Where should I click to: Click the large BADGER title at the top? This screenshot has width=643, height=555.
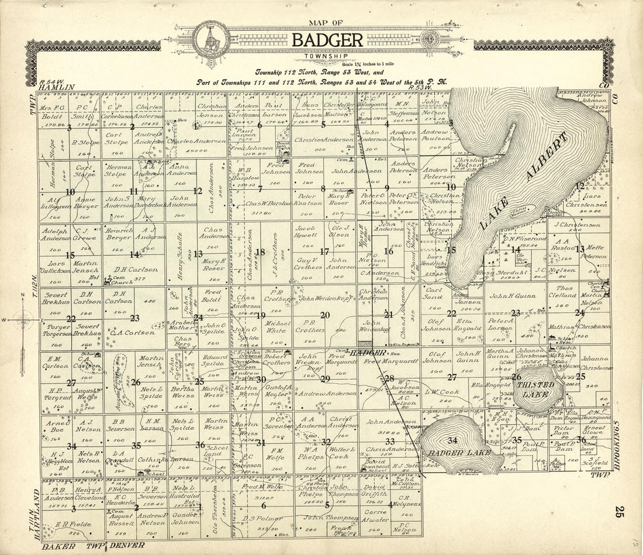pyautogui.click(x=327, y=40)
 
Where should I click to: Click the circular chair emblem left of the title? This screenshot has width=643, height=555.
pyautogui.click(x=209, y=39)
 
